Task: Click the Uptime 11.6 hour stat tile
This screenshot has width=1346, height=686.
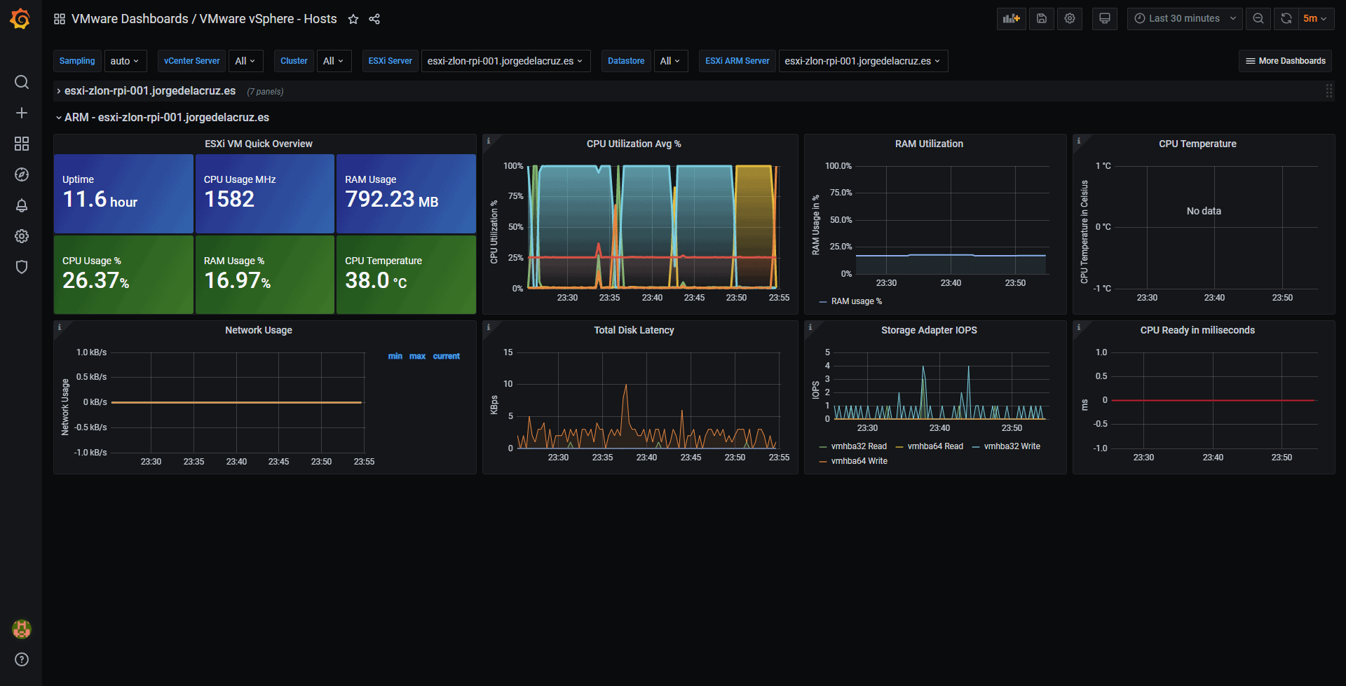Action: point(123,193)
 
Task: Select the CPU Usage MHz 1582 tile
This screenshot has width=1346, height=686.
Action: point(264,193)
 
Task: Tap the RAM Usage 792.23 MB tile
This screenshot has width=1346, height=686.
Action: point(406,193)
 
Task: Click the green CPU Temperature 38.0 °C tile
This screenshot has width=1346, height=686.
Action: point(406,275)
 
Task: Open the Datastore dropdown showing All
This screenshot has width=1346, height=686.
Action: point(670,61)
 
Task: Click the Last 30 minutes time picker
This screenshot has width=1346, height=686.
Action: point(1185,19)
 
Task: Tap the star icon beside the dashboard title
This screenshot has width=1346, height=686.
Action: point(353,19)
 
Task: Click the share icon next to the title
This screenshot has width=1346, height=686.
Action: point(374,19)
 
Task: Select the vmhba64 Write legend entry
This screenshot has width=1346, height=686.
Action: point(853,461)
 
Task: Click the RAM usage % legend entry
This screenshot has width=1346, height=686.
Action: point(850,301)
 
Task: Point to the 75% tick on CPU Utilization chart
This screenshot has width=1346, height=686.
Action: point(516,196)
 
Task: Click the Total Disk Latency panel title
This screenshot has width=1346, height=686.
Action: point(634,330)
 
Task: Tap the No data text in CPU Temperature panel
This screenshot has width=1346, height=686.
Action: point(1204,211)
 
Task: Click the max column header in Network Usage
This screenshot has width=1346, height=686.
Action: point(417,356)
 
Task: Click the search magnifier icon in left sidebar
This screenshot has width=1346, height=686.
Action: point(22,82)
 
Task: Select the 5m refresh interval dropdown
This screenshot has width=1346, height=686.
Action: point(1315,19)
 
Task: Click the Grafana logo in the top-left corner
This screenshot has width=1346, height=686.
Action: point(20,19)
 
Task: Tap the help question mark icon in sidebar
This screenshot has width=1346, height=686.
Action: point(22,659)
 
